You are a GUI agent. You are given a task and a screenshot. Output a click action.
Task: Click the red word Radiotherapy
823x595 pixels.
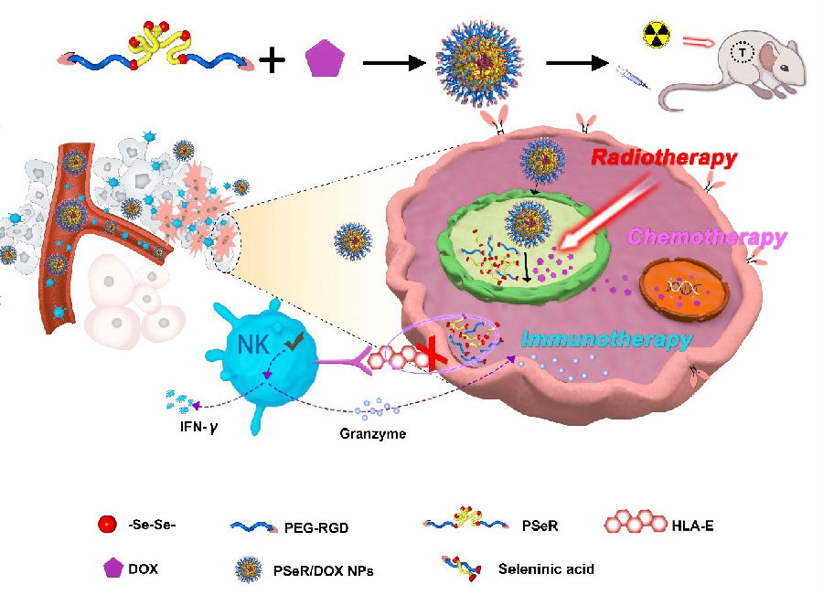[x=663, y=157]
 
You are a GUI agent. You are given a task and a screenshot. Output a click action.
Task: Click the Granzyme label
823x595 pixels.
[x=368, y=434]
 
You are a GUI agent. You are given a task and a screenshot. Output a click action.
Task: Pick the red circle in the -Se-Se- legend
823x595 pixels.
[x=107, y=525]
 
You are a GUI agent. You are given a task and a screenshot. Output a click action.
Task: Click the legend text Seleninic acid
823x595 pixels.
[x=546, y=568]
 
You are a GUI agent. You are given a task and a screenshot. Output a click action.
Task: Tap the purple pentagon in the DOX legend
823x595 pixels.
[x=113, y=568]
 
